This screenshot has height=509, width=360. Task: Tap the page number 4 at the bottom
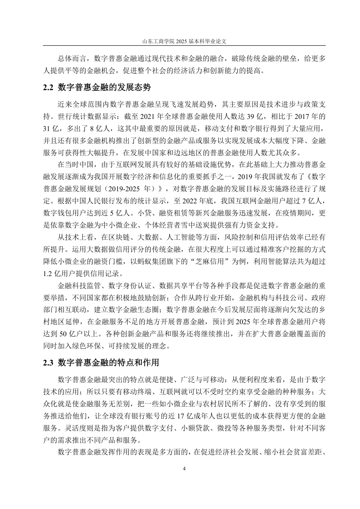(x=184, y=468)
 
